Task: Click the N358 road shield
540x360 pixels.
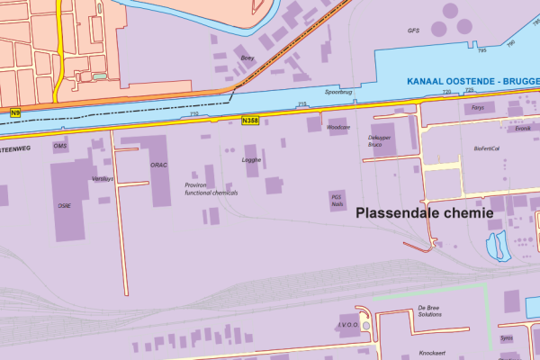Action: [x=251, y=120]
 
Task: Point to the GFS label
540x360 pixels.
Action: [x=413, y=30]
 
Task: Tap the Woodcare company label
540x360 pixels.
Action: [x=337, y=128]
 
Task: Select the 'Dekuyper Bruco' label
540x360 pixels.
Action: [x=382, y=140]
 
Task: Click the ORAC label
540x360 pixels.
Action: [x=158, y=165]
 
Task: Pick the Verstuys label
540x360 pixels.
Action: [x=103, y=178]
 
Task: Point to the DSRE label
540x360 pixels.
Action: [x=65, y=205]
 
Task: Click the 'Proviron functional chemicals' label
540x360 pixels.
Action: [x=211, y=188]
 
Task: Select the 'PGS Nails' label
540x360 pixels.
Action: [x=337, y=200]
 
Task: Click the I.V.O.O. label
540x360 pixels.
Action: [x=349, y=325]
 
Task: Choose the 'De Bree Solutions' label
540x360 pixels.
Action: [x=429, y=310]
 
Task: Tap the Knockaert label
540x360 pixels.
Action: [x=433, y=354]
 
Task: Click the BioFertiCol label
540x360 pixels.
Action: [x=487, y=148]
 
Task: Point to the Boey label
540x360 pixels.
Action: [x=247, y=58]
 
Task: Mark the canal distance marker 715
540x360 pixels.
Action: [x=301, y=105]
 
